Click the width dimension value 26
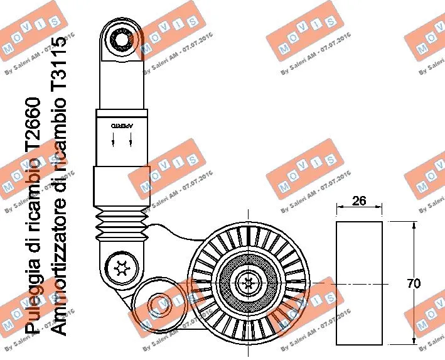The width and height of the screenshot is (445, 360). click(359, 201)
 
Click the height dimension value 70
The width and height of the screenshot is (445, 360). click(414, 283)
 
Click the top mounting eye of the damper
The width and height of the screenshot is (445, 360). click(119, 40)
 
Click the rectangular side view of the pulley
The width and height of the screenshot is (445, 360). click(359, 283)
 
